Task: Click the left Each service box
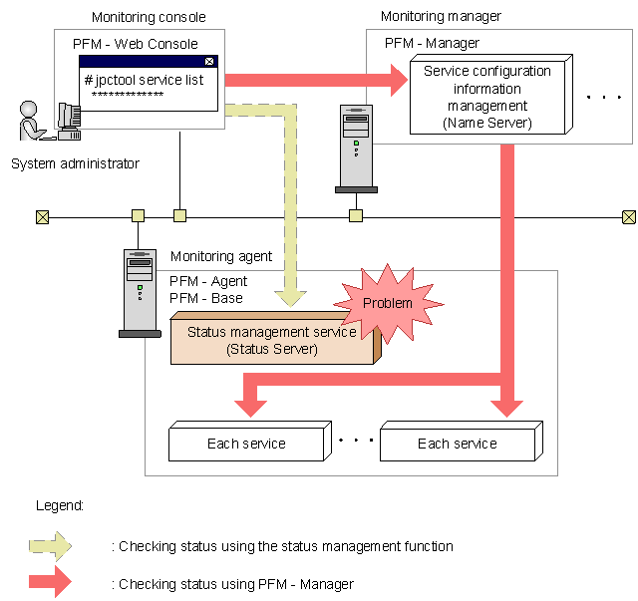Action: coord(246,444)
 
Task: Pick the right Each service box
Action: coord(457,444)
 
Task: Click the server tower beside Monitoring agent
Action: coord(139,289)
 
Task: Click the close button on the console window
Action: coord(209,61)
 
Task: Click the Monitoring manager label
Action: coord(441,16)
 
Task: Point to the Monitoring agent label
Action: coord(221,256)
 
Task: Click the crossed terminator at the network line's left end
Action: coord(42,216)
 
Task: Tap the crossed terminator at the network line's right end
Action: coord(628,216)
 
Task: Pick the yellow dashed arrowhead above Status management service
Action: coord(291,294)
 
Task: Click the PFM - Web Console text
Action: coord(136,44)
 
